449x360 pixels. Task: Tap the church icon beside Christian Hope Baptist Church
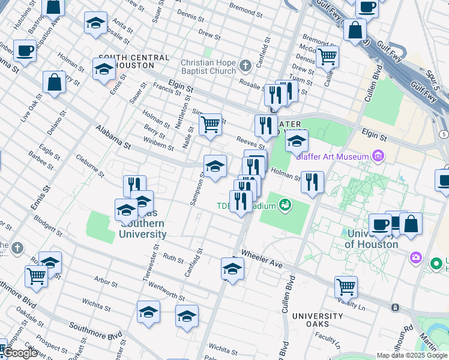(245, 65)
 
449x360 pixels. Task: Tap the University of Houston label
(372, 239)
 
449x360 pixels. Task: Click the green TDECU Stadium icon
(285, 206)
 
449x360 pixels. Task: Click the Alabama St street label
(113, 137)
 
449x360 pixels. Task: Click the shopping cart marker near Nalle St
(210, 125)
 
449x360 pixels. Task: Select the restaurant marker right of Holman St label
(312, 182)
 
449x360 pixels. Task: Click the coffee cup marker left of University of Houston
(379, 224)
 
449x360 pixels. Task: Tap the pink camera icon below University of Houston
(415, 257)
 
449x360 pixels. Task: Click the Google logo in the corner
(19, 353)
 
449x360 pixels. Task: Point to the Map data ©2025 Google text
(411, 355)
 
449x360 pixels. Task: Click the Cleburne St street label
(91, 166)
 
